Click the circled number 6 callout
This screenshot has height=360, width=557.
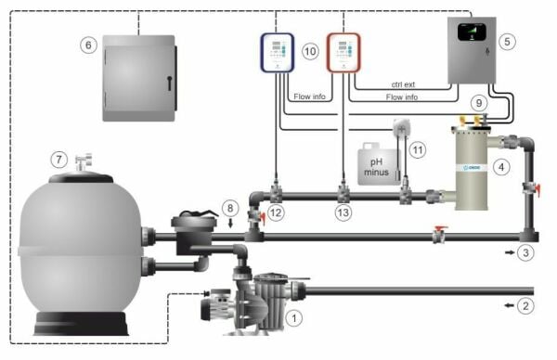(89, 44)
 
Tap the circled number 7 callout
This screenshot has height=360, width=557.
(58, 160)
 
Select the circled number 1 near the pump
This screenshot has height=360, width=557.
(296, 317)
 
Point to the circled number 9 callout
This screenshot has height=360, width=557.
(480, 104)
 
